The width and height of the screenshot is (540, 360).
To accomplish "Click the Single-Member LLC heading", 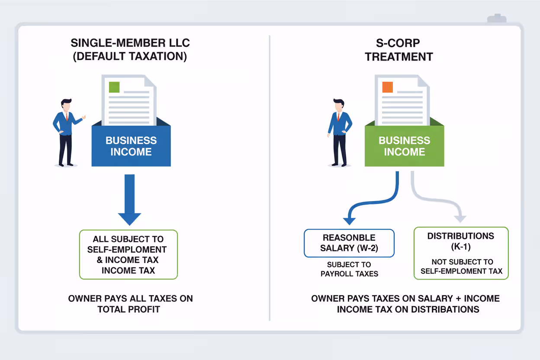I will pos(130,50).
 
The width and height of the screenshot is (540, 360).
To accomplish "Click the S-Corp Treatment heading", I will pos(399,50).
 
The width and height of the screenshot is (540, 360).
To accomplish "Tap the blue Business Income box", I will pos(131,146).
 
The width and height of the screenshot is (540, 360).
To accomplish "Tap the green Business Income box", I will pos(404,146).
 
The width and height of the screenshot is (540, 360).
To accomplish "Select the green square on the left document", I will pos(114,87).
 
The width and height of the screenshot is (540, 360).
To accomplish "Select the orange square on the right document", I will pos(387,87).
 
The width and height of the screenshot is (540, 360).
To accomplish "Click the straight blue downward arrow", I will pos(129,199).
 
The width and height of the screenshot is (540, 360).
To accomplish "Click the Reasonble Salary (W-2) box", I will pos(349,243).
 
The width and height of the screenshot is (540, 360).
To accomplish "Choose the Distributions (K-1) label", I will pos(461,241).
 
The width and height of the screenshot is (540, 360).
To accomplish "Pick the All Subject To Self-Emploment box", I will pos(129,254).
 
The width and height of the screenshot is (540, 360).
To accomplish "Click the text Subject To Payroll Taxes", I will pos(349,269).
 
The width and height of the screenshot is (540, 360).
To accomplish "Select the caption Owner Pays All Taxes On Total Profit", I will pos(130,304).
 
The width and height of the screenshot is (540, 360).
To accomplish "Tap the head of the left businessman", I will pos(66,105).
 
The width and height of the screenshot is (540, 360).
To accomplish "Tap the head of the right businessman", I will pos(339,105).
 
